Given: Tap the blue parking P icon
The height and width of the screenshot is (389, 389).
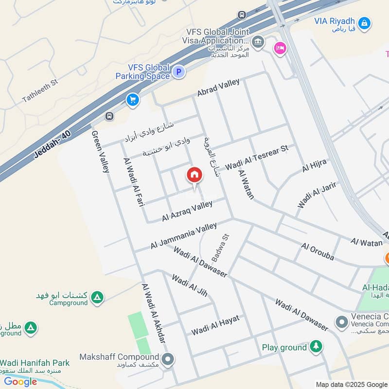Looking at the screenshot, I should [x=179, y=72].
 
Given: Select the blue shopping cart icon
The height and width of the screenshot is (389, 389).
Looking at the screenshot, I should [x=132, y=100].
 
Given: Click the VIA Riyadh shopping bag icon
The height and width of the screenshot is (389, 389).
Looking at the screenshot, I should [x=364, y=22].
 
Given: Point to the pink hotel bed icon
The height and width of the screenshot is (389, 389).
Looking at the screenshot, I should [x=280, y=48].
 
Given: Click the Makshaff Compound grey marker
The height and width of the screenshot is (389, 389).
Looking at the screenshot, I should [x=168, y=360].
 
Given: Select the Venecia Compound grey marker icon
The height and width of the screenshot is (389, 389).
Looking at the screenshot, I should [x=341, y=322].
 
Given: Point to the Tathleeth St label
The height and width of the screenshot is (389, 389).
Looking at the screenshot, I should [x=40, y=91].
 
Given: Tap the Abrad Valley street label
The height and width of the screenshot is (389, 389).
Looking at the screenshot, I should [x=218, y=88].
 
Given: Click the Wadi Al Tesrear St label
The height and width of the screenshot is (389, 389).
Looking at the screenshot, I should [x=257, y=157].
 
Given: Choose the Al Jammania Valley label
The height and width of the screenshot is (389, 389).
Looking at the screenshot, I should [x=183, y=236].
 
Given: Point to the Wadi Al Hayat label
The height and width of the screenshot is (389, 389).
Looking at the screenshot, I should [x=215, y=325].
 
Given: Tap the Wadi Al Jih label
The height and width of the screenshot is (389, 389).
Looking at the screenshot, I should [x=190, y=285].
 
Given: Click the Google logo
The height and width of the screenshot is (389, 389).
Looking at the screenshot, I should [x=20, y=382].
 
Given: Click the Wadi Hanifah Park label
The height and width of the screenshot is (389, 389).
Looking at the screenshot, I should [x=35, y=363].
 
